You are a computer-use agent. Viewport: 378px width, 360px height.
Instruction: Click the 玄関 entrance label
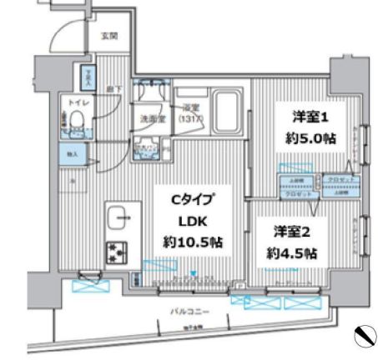point(109,36)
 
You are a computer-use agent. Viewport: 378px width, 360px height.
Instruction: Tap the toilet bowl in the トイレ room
point(77,122)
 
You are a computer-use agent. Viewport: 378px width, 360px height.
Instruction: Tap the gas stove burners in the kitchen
point(115,251)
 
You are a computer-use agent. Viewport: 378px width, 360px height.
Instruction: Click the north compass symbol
point(364,336)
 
